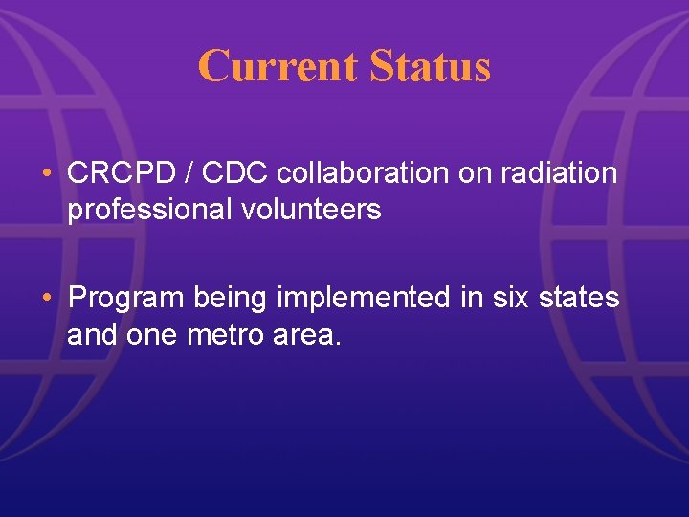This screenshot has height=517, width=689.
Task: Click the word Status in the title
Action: point(430,66)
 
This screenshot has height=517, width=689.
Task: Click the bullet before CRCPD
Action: point(47,174)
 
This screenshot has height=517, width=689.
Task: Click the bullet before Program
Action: point(47,299)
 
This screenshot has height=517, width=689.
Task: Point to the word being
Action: point(231,299)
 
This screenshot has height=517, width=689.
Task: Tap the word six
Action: point(504,299)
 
